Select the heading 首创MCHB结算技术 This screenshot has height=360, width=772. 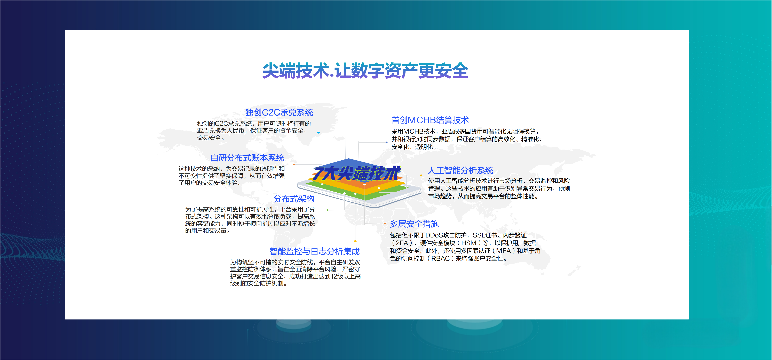(x=430, y=120)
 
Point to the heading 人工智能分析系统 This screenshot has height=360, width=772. (x=460, y=170)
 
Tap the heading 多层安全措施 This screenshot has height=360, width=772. (x=414, y=224)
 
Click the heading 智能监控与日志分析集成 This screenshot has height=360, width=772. (x=314, y=251)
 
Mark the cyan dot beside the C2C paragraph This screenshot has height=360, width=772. (x=318, y=132)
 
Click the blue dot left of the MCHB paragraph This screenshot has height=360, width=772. (x=387, y=142)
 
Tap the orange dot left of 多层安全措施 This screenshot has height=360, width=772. (x=385, y=223)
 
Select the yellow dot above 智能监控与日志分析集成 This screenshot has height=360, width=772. (x=355, y=241)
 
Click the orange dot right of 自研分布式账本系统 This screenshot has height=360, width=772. (x=294, y=164)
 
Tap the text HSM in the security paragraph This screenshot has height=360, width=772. (x=469, y=243)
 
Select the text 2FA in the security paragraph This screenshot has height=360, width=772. (x=402, y=243)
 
